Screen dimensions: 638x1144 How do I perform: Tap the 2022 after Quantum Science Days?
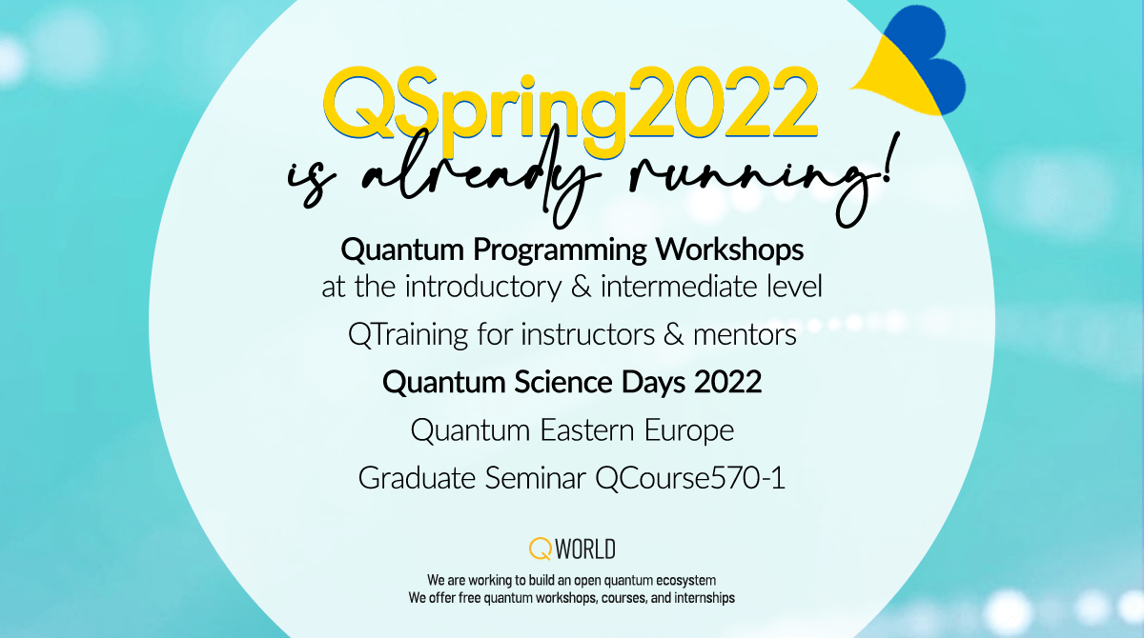click(x=728, y=383)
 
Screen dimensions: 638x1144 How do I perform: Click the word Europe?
click(x=689, y=430)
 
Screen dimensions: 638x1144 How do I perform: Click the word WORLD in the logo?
click(x=585, y=548)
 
